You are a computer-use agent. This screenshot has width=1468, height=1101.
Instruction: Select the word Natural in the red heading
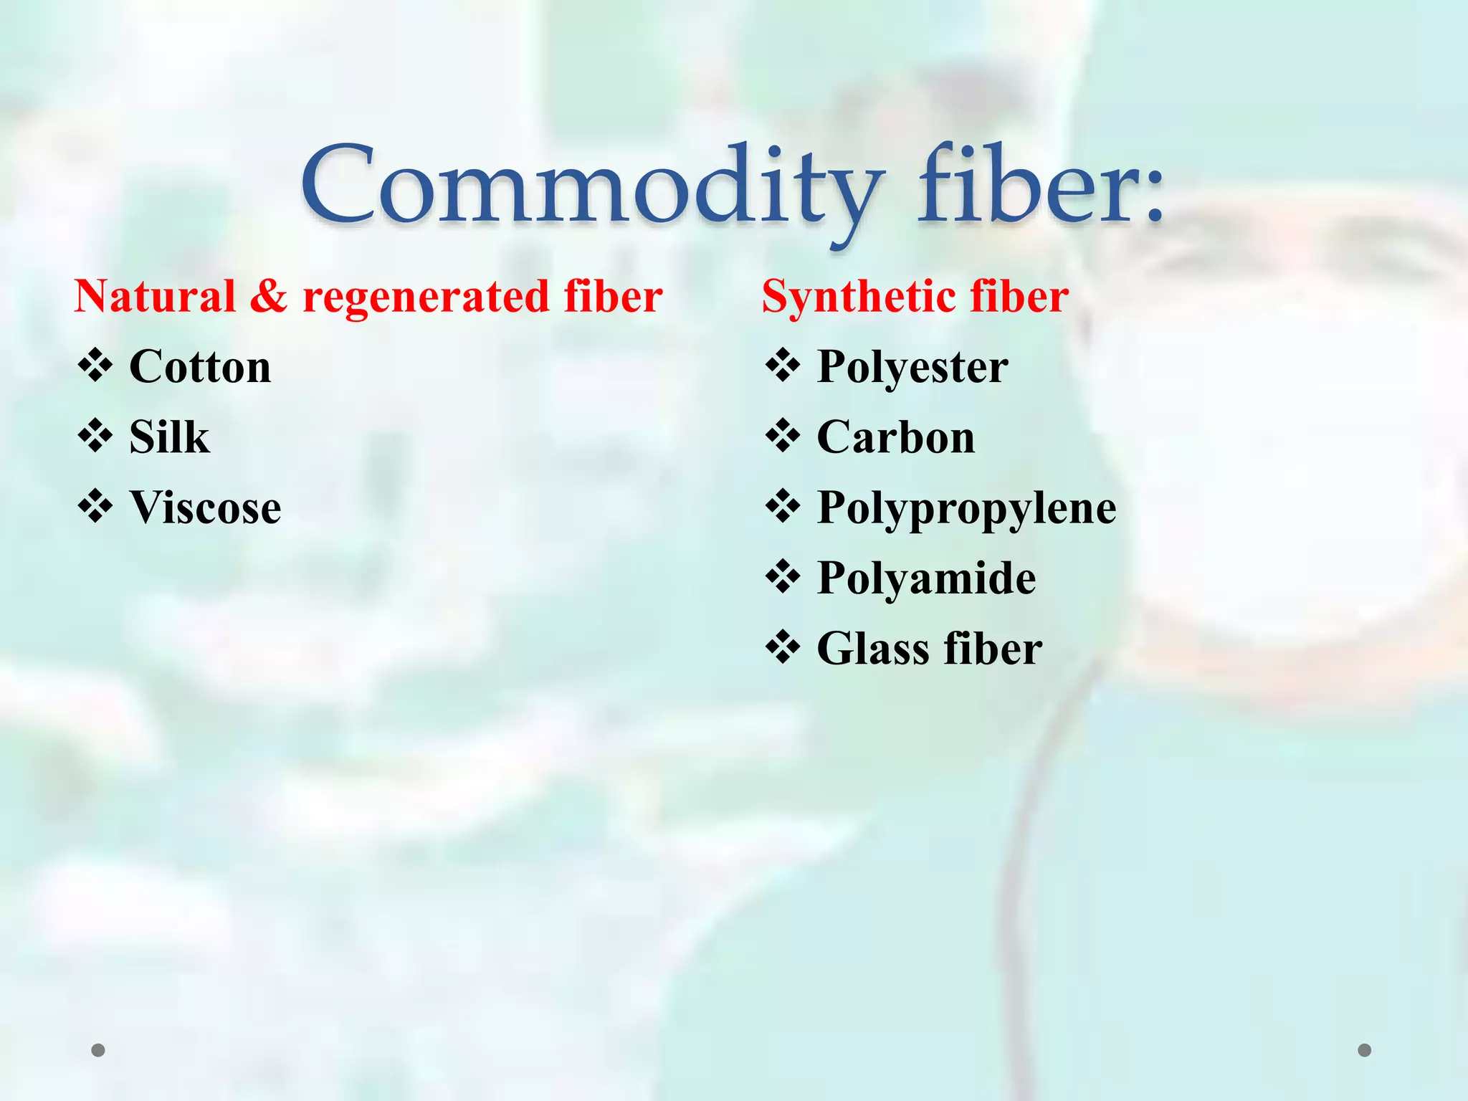(155, 297)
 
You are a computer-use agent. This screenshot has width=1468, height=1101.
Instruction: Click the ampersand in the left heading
(269, 297)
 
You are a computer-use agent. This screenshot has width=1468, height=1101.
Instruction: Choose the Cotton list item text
(200, 367)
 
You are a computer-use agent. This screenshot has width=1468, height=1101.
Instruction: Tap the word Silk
(169, 437)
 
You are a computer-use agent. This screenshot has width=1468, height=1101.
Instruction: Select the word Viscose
(205, 507)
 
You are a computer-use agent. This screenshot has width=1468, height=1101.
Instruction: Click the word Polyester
(912, 367)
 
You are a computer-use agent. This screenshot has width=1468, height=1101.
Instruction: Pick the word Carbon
(896, 437)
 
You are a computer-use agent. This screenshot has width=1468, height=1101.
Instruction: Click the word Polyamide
(926, 578)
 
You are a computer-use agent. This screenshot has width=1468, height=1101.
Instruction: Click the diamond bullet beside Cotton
(95, 366)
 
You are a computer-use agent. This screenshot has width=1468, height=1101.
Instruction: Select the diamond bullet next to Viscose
(95, 507)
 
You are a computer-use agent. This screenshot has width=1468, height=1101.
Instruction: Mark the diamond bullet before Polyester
(783, 366)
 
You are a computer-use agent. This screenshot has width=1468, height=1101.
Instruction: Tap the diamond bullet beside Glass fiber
(783, 647)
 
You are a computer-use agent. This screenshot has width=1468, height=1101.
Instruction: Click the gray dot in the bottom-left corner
(98, 1050)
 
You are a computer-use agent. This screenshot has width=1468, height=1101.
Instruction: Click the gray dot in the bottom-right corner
(1365, 1050)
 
